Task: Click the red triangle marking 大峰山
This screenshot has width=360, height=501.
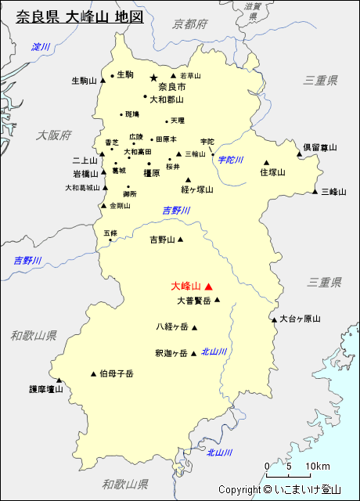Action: (208, 287)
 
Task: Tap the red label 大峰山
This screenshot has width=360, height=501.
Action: (185, 287)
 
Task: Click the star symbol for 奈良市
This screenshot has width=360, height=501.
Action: (153, 77)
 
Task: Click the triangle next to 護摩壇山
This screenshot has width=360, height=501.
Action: (59, 379)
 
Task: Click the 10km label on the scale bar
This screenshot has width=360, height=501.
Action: (318, 467)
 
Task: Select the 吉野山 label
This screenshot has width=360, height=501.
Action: (163, 240)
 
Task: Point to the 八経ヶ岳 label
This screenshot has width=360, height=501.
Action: (171, 327)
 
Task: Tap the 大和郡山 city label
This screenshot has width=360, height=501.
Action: (167, 99)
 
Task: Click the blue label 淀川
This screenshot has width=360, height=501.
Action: (40, 48)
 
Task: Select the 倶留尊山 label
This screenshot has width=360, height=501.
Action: (321, 146)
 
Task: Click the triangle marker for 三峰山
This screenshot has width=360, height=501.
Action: (315, 191)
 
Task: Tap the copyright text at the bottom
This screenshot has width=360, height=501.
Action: (279, 490)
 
